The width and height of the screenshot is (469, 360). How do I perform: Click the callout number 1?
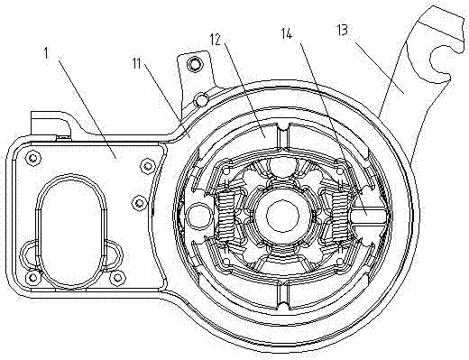(x=46, y=53)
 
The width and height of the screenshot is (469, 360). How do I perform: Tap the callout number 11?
(x=137, y=63)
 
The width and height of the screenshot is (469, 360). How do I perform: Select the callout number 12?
(x=216, y=39)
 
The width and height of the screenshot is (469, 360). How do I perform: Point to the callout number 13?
(x=342, y=30)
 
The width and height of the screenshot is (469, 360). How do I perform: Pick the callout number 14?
(x=287, y=34)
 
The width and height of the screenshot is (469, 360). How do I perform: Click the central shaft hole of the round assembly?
(x=282, y=215)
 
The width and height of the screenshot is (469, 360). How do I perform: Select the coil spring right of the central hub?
(x=339, y=215)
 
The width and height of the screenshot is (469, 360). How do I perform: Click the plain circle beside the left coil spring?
(x=198, y=215)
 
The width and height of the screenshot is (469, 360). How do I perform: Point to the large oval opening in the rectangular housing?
(x=71, y=230)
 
